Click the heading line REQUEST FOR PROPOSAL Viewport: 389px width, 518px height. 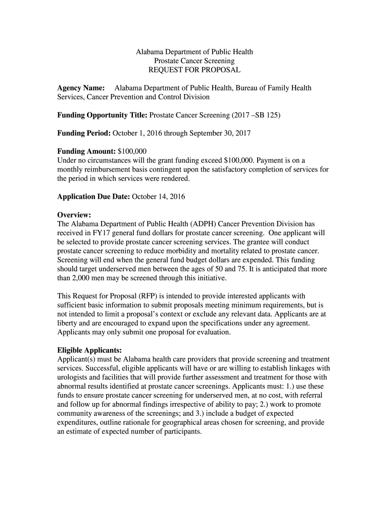(194, 69)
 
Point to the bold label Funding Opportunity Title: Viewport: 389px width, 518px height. (102, 115)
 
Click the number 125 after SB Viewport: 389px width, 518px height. (272, 115)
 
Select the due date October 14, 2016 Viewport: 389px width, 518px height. (158, 196)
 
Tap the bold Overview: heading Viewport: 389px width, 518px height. (74, 215)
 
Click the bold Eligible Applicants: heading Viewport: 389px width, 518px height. (89, 350)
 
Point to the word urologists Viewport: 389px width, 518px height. (75, 377)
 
